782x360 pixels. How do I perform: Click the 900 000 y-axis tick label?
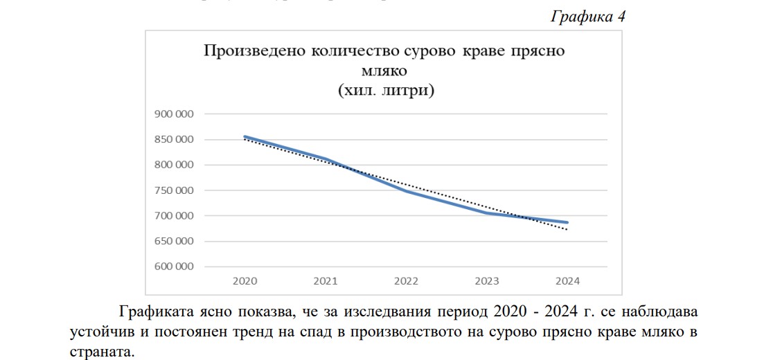[x=175, y=114]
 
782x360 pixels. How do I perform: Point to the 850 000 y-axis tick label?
[x=175, y=140]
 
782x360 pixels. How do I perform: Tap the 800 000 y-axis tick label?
[x=175, y=165]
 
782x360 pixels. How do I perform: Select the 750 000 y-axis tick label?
[x=175, y=190]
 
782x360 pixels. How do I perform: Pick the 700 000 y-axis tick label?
[x=175, y=216]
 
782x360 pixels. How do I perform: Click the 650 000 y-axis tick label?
[x=175, y=242]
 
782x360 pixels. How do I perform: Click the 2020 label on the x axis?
[x=245, y=282]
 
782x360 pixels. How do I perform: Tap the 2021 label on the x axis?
[x=326, y=282]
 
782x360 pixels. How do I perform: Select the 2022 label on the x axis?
[x=406, y=282]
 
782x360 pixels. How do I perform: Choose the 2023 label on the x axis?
[x=487, y=282]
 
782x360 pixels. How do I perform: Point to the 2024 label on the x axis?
[x=567, y=282]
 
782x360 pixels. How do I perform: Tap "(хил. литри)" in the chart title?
[x=386, y=91]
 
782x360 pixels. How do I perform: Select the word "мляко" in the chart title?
[x=384, y=71]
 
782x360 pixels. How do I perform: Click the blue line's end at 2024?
[x=567, y=222]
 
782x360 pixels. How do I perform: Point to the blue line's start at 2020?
[x=245, y=137]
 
